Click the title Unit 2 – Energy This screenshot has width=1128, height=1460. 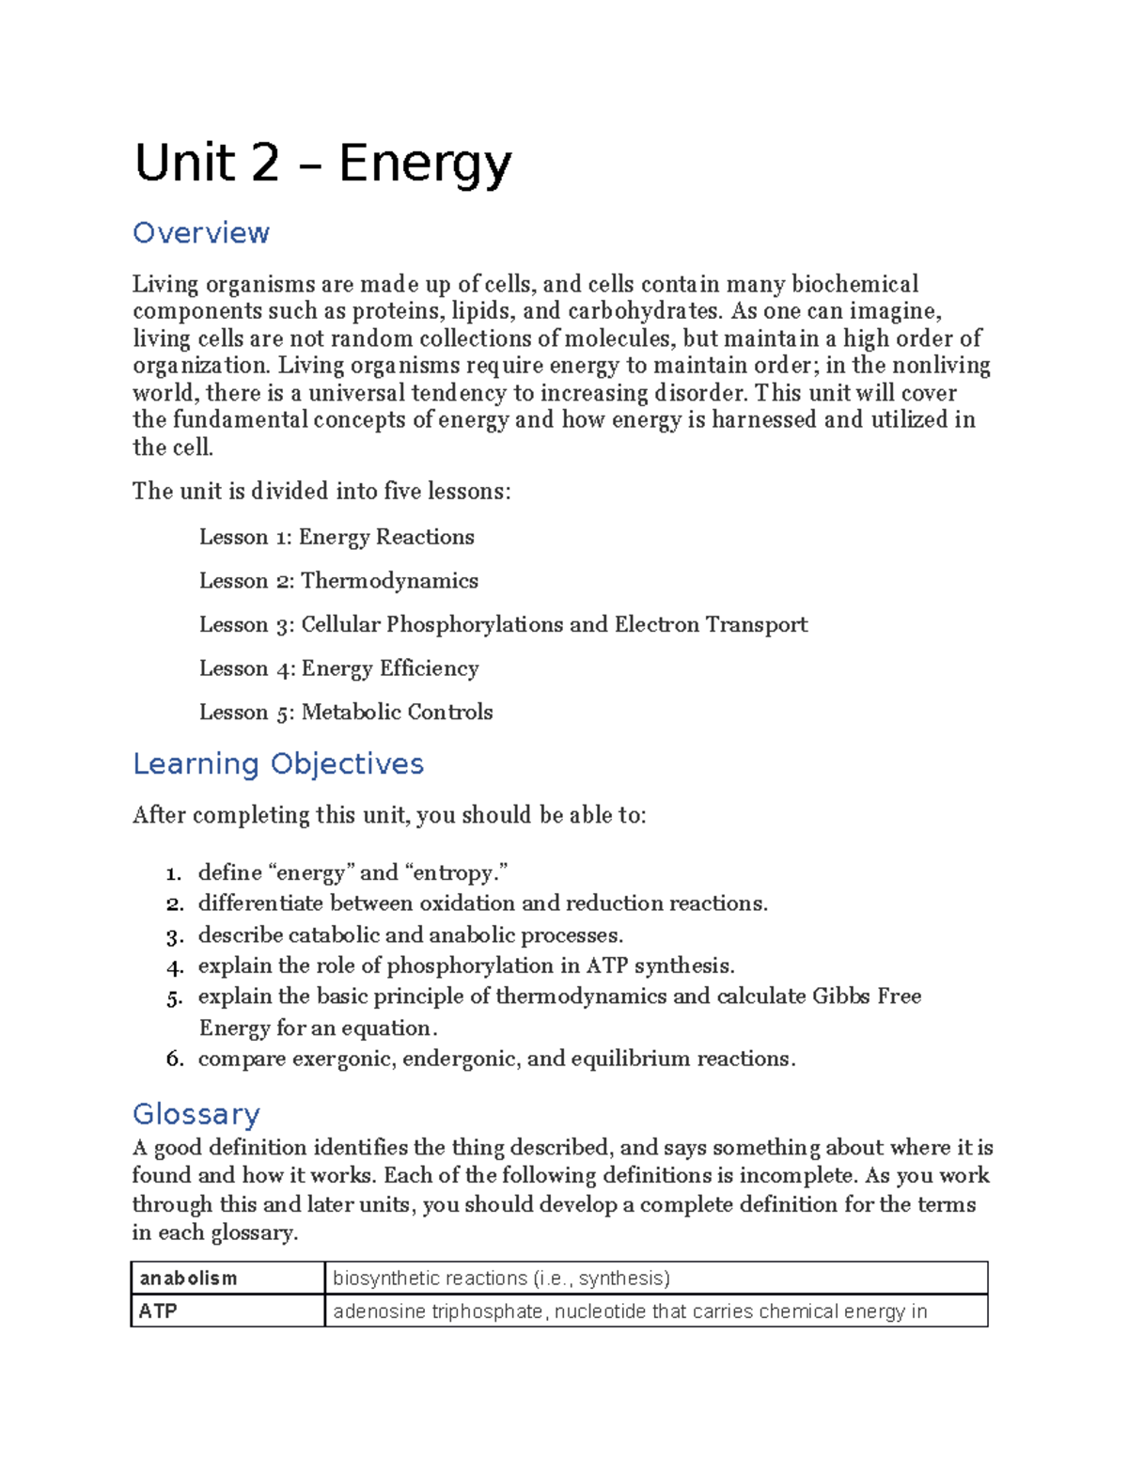[x=322, y=164]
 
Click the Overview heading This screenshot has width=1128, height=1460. [x=201, y=232]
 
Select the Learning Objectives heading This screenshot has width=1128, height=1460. [x=278, y=763]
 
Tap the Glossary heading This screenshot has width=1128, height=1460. [x=196, y=1114]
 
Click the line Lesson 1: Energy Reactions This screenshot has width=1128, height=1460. [x=337, y=537]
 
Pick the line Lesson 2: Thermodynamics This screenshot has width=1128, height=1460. [x=338, y=581]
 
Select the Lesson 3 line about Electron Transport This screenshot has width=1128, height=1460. [x=503, y=624]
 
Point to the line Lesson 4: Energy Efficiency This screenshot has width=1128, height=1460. [x=338, y=668]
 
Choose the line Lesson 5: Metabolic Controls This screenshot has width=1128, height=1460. [x=346, y=712]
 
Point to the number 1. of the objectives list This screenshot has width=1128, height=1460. [x=174, y=873]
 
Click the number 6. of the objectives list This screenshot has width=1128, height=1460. [x=174, y=1060]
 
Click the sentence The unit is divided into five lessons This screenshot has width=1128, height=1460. [x=321, y=491]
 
